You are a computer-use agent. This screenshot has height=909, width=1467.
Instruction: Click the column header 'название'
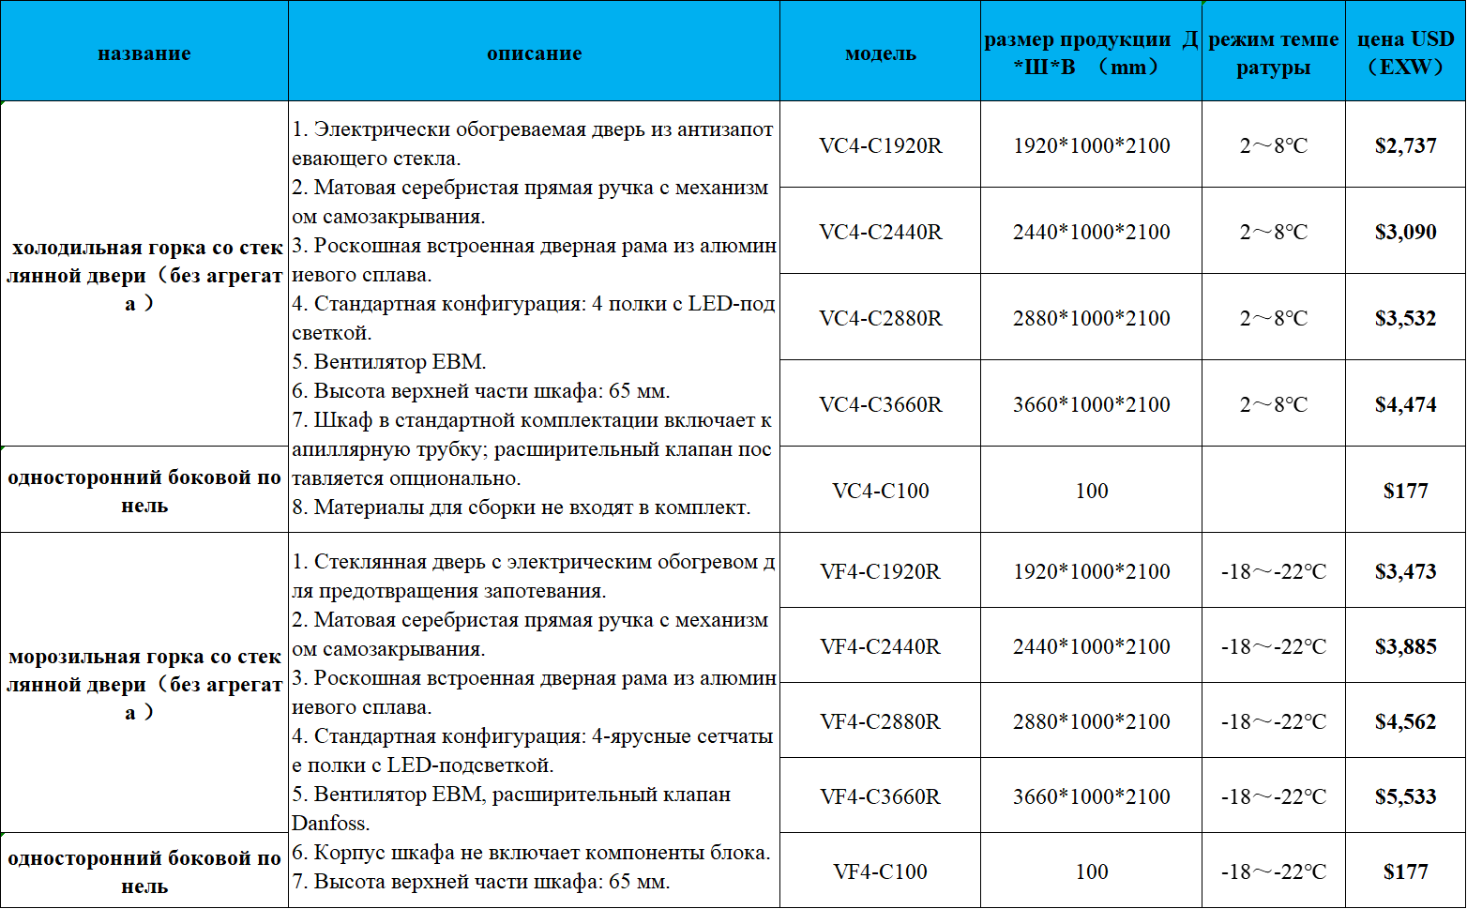[144, 53]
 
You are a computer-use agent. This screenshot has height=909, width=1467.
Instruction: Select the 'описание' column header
[534, 53]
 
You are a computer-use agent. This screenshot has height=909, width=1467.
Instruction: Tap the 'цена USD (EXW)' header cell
[1405, 53]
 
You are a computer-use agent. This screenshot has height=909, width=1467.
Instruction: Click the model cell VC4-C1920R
[880, 145]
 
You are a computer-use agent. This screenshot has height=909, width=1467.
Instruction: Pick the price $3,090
[1405, 232]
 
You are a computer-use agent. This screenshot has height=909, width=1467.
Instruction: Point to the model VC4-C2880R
[880, 318]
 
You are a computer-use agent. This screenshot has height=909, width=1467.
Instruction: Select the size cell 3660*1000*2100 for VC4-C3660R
[1091, 404]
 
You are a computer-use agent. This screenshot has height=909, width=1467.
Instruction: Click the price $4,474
[1405, 404]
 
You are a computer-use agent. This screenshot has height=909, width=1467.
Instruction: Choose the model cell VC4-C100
[880, 491]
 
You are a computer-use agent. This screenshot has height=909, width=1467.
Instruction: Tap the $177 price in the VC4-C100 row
[1405, 491]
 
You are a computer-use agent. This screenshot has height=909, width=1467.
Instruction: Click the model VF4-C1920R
[880, 571]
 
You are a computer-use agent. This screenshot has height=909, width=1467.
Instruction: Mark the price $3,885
[1405, 646]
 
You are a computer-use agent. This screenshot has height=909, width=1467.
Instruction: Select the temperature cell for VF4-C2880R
[1273, 721]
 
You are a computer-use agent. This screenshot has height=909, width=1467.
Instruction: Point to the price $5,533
[1405, 796]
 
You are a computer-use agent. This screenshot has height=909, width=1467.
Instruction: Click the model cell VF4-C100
[880, 871]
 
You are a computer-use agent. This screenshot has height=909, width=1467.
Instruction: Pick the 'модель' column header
[880, 53]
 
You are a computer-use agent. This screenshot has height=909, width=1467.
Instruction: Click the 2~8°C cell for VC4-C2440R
[1273, 232]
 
